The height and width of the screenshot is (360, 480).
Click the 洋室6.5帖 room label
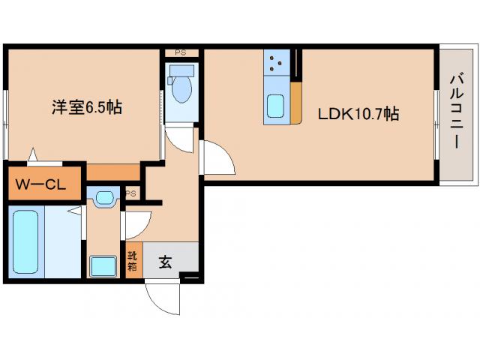87,107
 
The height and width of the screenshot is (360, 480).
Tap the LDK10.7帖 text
358,115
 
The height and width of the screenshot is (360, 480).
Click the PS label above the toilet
180,52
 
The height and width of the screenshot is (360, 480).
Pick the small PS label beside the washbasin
131,193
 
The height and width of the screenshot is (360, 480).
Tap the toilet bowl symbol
180,90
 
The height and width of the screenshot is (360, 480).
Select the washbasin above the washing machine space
103,198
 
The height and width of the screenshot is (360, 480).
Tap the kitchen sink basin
275,107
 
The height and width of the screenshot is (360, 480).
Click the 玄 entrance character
165,262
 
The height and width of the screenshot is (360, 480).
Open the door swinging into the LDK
217,157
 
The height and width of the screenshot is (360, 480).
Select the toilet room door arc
178,137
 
